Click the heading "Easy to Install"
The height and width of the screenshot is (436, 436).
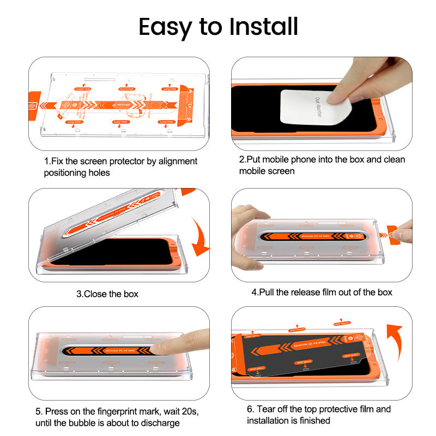(218, 26)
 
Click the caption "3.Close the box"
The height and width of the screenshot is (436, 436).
(107, 294)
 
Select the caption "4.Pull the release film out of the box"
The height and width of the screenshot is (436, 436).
(322, 292)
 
